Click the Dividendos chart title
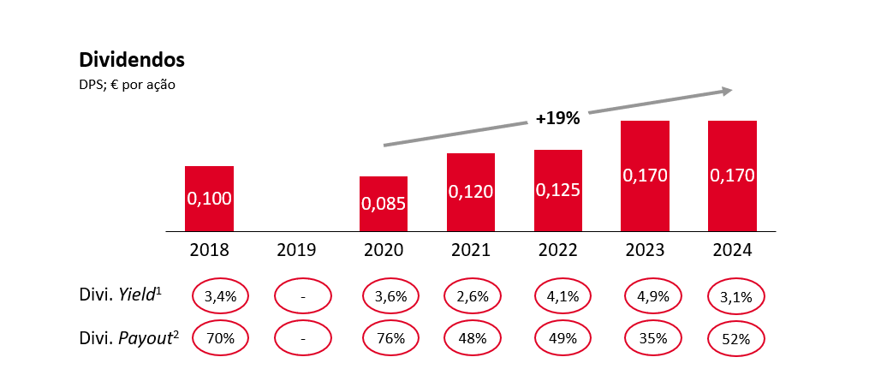coord(132,60)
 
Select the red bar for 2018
coord(209,198)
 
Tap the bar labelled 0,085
coord(383,204)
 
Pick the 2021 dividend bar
coord(471,192)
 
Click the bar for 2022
coord(557,190)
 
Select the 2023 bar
coord(645,176)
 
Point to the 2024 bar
coord(732,176)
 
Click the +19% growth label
coord(557,119)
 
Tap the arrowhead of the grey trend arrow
coord(728,90)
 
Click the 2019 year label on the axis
coord(296,250)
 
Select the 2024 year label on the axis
coord(732,250)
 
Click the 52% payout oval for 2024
coord(735,338)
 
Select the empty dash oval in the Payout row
coord(302,337)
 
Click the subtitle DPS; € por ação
coord(128,85)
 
